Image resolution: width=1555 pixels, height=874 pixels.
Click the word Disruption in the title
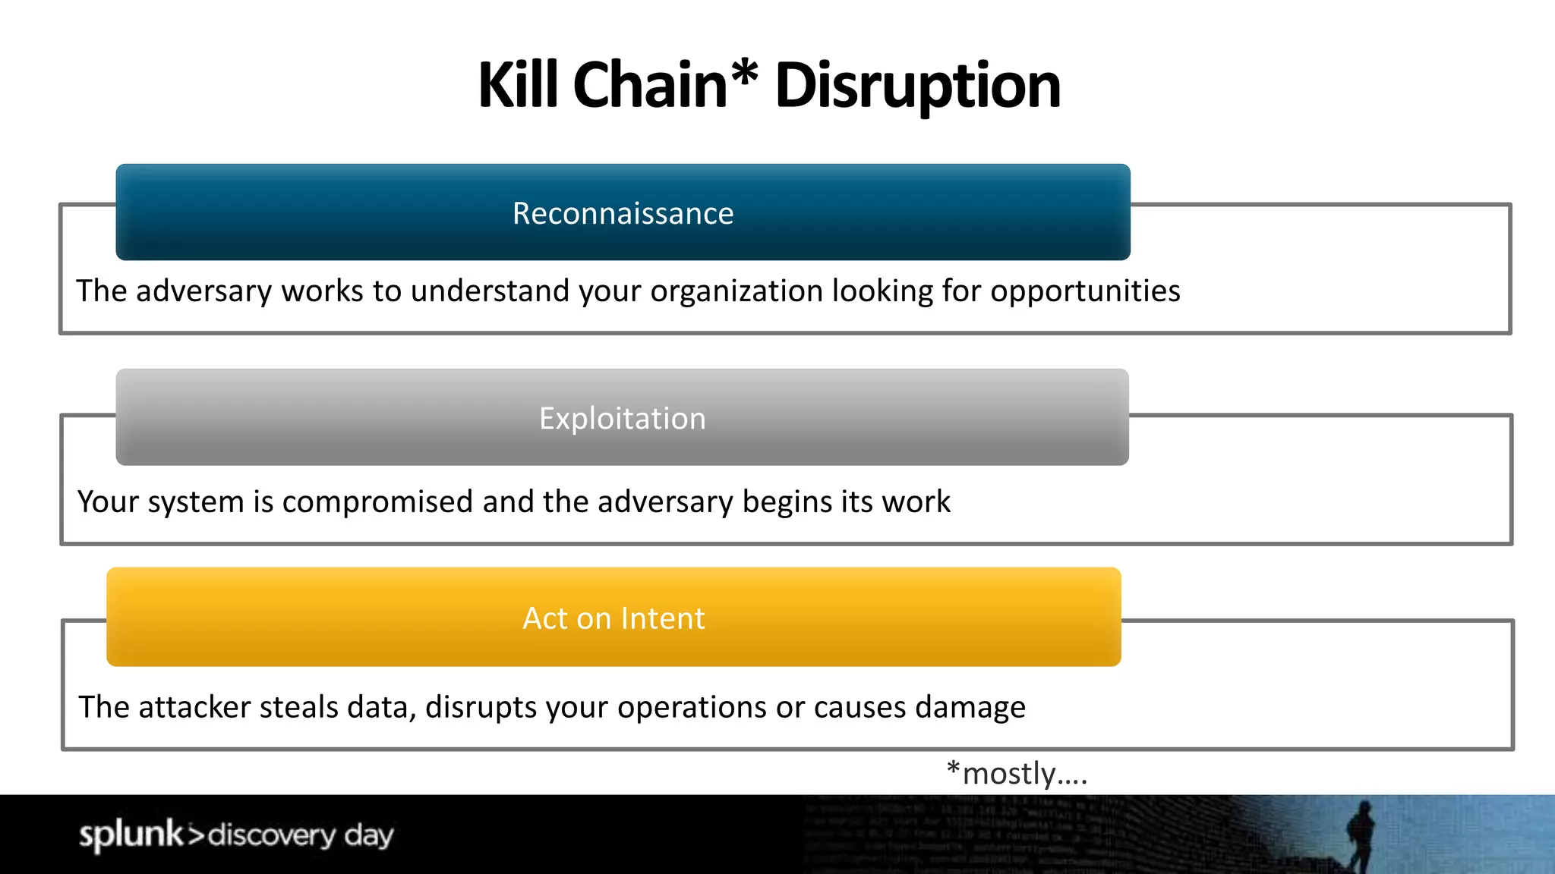[x=917, y=86]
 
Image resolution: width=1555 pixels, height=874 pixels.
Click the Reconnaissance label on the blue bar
[x=623, y=213]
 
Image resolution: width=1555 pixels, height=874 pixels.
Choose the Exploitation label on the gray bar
[x=623, y=419]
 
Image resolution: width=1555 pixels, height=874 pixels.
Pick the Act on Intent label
[x=613, y=618]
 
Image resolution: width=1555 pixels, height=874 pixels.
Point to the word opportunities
[x=1085, y=291]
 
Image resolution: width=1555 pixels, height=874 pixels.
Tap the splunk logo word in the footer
[x=131, y=835]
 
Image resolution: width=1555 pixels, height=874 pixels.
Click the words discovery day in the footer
[x=301, y=835]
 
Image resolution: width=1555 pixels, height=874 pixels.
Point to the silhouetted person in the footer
[x=1361, y=835]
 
